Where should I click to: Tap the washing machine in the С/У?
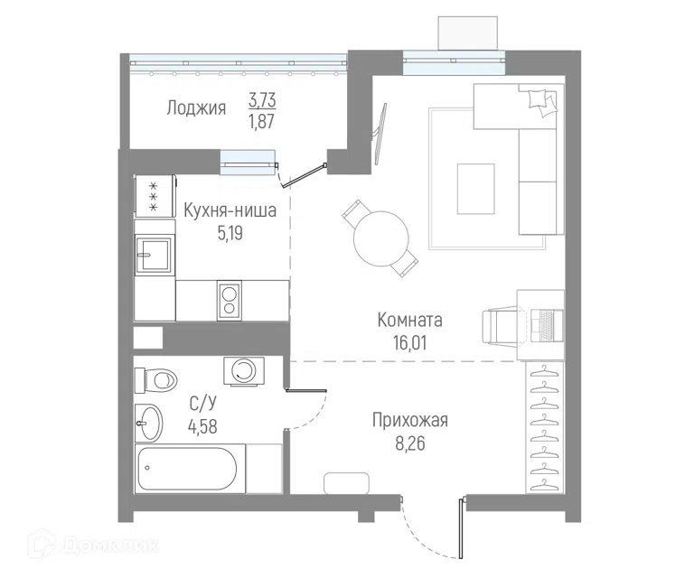click(x=244, y=370)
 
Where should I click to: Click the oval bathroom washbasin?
click(x=149, y=423)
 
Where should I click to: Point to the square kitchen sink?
click(x=155, y=255)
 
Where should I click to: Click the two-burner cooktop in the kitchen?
click(x=230, y=300)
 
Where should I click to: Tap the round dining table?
click(x=381, y=238)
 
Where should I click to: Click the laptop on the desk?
click(x=547, y=325)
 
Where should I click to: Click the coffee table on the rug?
click(x=476, y=189)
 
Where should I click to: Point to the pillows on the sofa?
click(x=542, y=102)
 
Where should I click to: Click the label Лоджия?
click(x=196, y=107)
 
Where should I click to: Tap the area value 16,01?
click(x=410, y=342)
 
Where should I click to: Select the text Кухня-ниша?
click(x=230, y=210)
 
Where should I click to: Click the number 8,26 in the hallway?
click(x=410, y=443)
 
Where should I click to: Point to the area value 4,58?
click(x=202, y=427)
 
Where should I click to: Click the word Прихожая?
click(x=410, y=420)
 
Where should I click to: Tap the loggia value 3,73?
click(x=262, y=100)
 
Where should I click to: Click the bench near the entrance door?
click(x=347, y=483)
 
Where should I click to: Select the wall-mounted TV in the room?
click(x=380, y=134)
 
